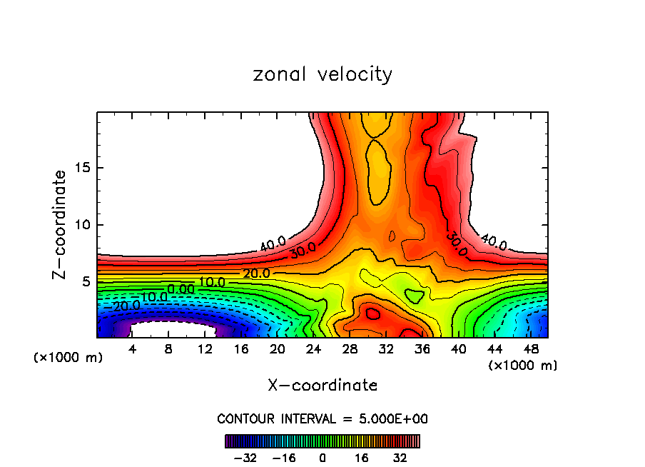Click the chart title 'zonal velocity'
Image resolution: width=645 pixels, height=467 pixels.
(322, 74)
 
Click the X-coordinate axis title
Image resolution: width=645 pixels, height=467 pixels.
(322, 386)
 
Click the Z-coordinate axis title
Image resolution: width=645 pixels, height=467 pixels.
(61, 224)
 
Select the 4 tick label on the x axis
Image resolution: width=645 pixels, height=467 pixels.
(132, 349)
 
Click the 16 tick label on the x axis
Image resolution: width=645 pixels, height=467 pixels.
(241, 349)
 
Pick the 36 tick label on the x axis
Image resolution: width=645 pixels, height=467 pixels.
(422, 349)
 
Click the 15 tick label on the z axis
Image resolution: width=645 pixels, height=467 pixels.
(82, 169)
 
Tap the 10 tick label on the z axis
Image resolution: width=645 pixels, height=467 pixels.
(82, 225)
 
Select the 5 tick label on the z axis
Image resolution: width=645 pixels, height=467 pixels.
(86, 281)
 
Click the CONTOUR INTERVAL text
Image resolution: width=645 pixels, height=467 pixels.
(322, 419)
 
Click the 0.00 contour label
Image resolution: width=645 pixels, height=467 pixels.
(181, 289)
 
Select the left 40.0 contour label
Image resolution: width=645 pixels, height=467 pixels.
(273, 243)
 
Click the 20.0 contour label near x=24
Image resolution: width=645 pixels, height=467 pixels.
(256, 273)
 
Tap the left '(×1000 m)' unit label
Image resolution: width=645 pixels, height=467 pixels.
(68, 358)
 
